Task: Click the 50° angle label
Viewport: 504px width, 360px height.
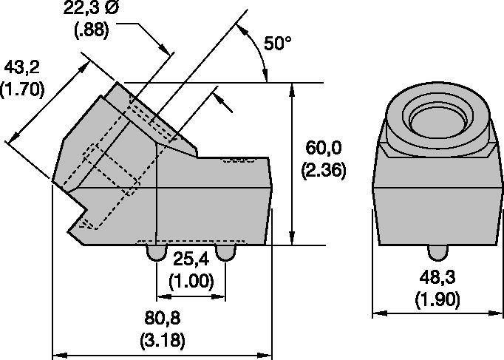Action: (x=277, y=43)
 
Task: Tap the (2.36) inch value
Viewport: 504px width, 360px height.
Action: (x=324, y=169)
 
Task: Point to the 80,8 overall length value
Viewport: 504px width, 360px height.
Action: (x=163, y=318)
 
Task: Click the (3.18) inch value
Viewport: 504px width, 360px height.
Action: (x=163, y=340)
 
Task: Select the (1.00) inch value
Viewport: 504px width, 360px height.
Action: (x=191, y=281)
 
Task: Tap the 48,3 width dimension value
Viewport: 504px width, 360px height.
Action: (x=437, y=277)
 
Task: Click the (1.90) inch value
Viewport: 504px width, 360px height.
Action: (x=437, y=299)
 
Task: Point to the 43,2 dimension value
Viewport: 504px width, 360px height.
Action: (x=21, y=67)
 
